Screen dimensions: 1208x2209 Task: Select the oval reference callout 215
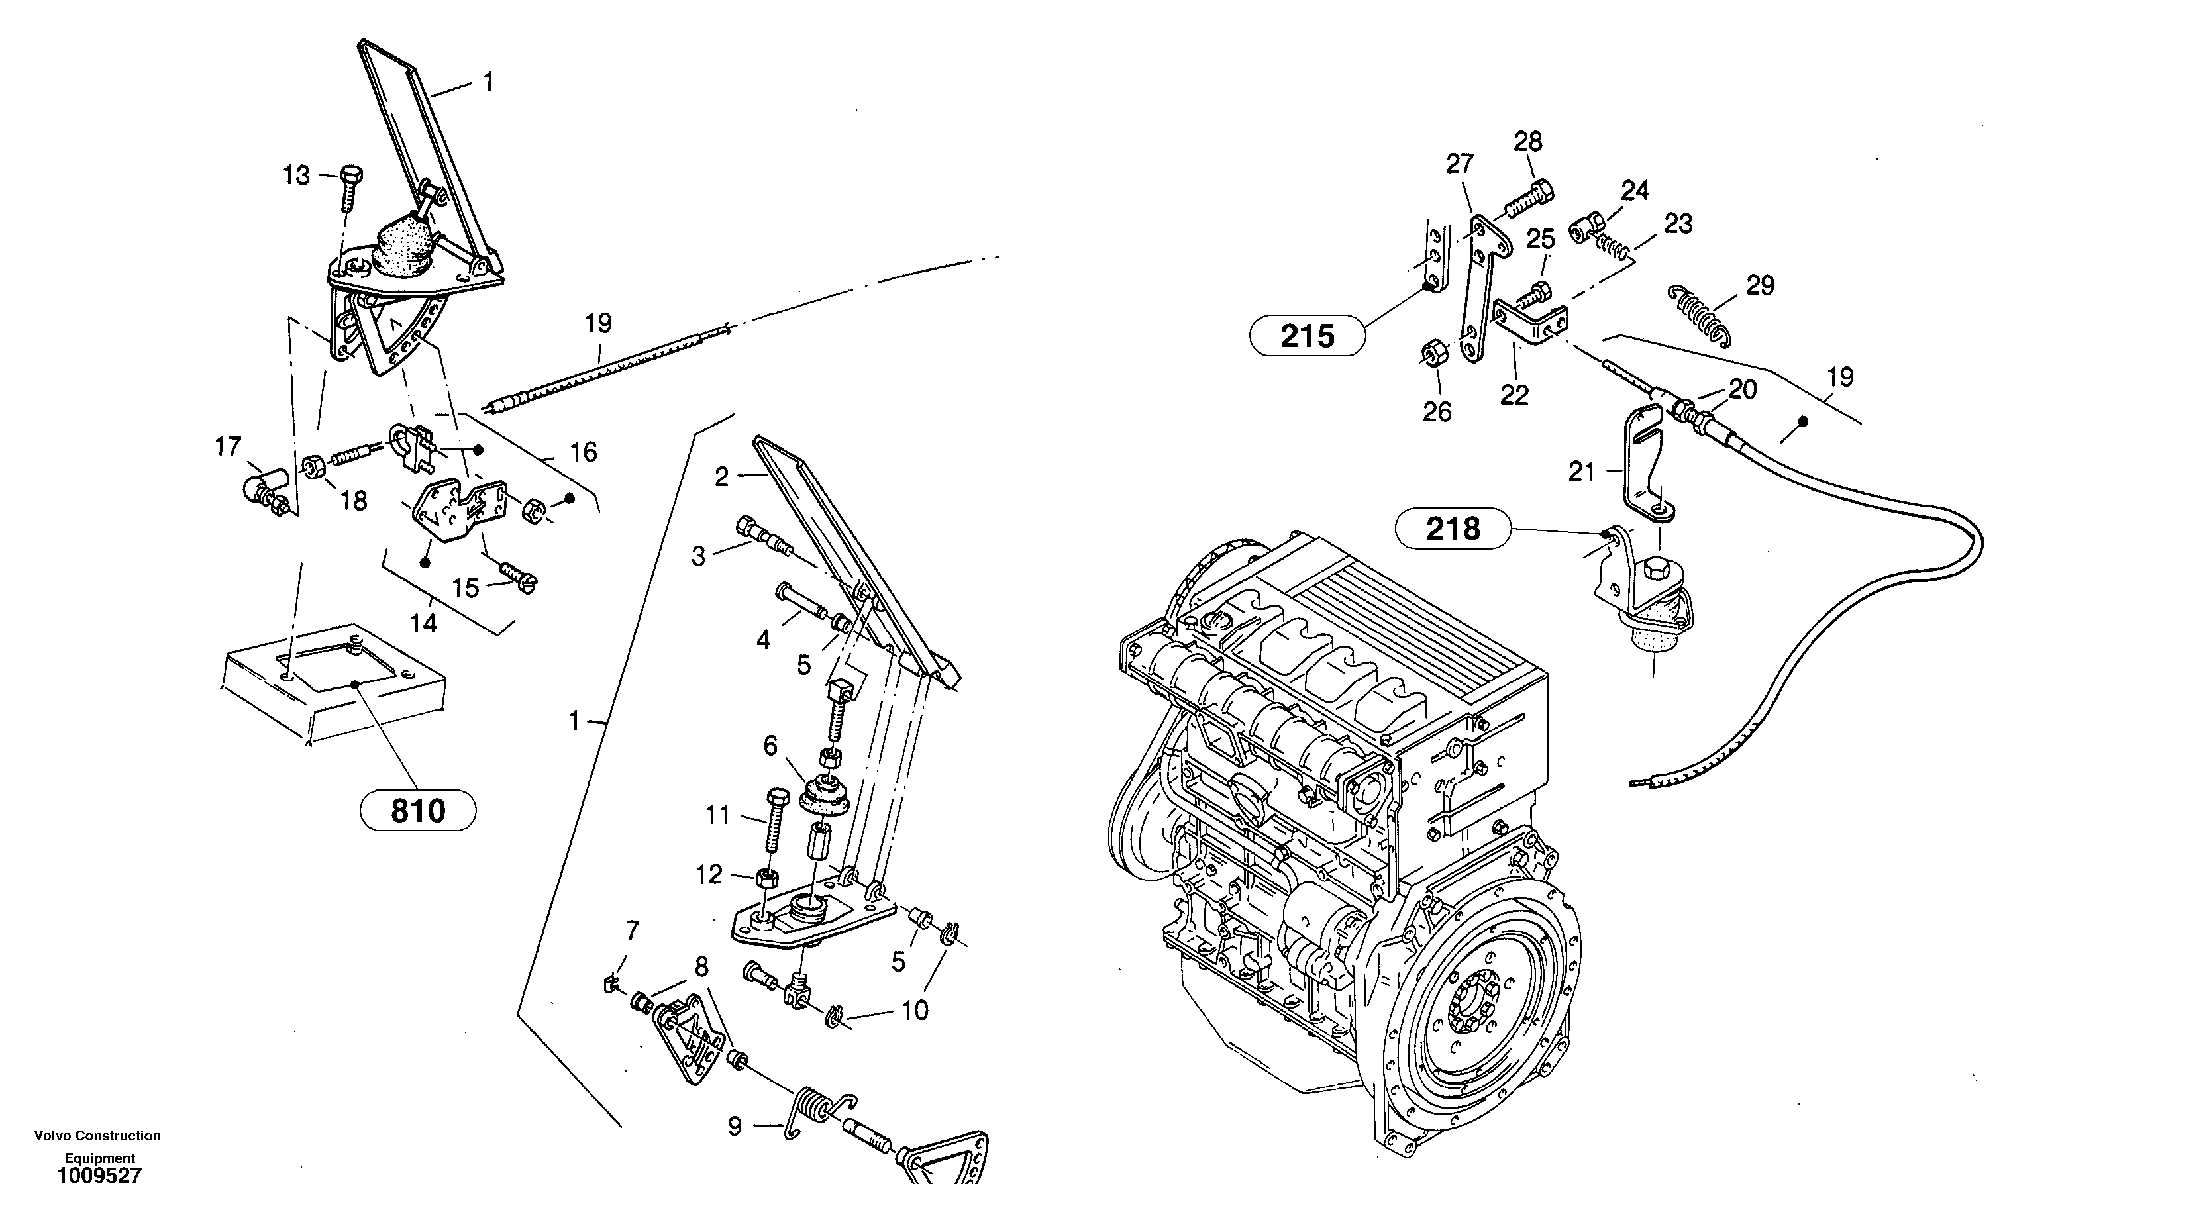pyautogui.click(x=1307, y=336)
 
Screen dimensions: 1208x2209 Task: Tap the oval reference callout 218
pyautogui.click(x=1453, y=529)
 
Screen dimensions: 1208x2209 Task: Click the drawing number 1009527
pyautogui.click(x=99, y=1176)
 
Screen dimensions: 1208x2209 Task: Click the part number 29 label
pyautogui.click(x=1760, y=285)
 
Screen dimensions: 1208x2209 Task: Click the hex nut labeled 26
pyautogui.click(x=1431, y=353)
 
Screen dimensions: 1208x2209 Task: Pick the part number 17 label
pyautogui.click(x=228, y=446)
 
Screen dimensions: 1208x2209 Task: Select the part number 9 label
pyautogui.click(x=734, y=1126)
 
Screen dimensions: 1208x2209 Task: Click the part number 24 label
pyautogui.click(x=1635, y=190)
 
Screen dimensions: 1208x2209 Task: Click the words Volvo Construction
pyautogui.click(x=97, y=1136)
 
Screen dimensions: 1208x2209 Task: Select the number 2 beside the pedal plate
pyautogui.click(x=721, y=477)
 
